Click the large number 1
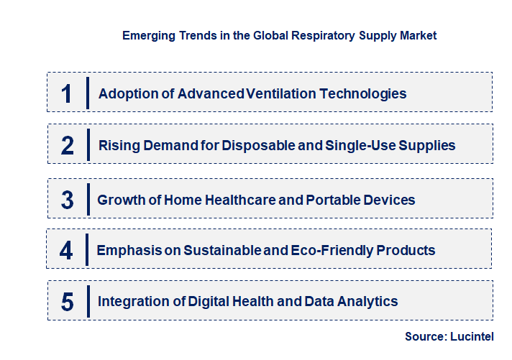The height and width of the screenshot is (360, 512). point(67,93)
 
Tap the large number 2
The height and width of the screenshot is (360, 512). point(68,145)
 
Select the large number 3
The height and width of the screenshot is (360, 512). point(68,200)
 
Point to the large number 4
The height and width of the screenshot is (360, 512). point(66,251)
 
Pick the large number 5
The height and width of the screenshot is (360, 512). point(68,302)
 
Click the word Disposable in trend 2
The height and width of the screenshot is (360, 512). point(255,145)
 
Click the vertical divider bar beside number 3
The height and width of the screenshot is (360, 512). point(88,199)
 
